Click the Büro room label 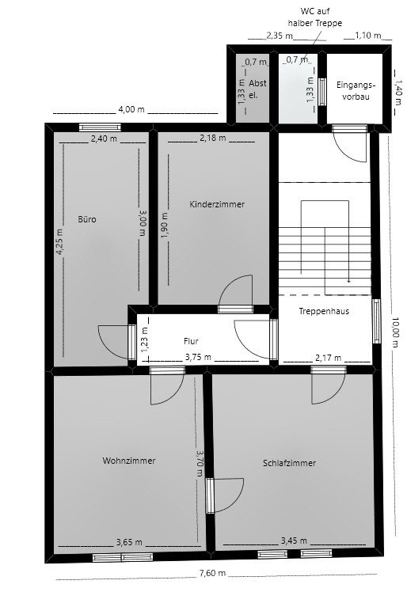(86, 219)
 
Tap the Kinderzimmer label (217, 204)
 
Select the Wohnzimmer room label (128, 461)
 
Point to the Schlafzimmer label (290, 463)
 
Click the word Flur (191, 341)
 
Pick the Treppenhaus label (324, 311)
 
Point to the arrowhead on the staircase (348, 280)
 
